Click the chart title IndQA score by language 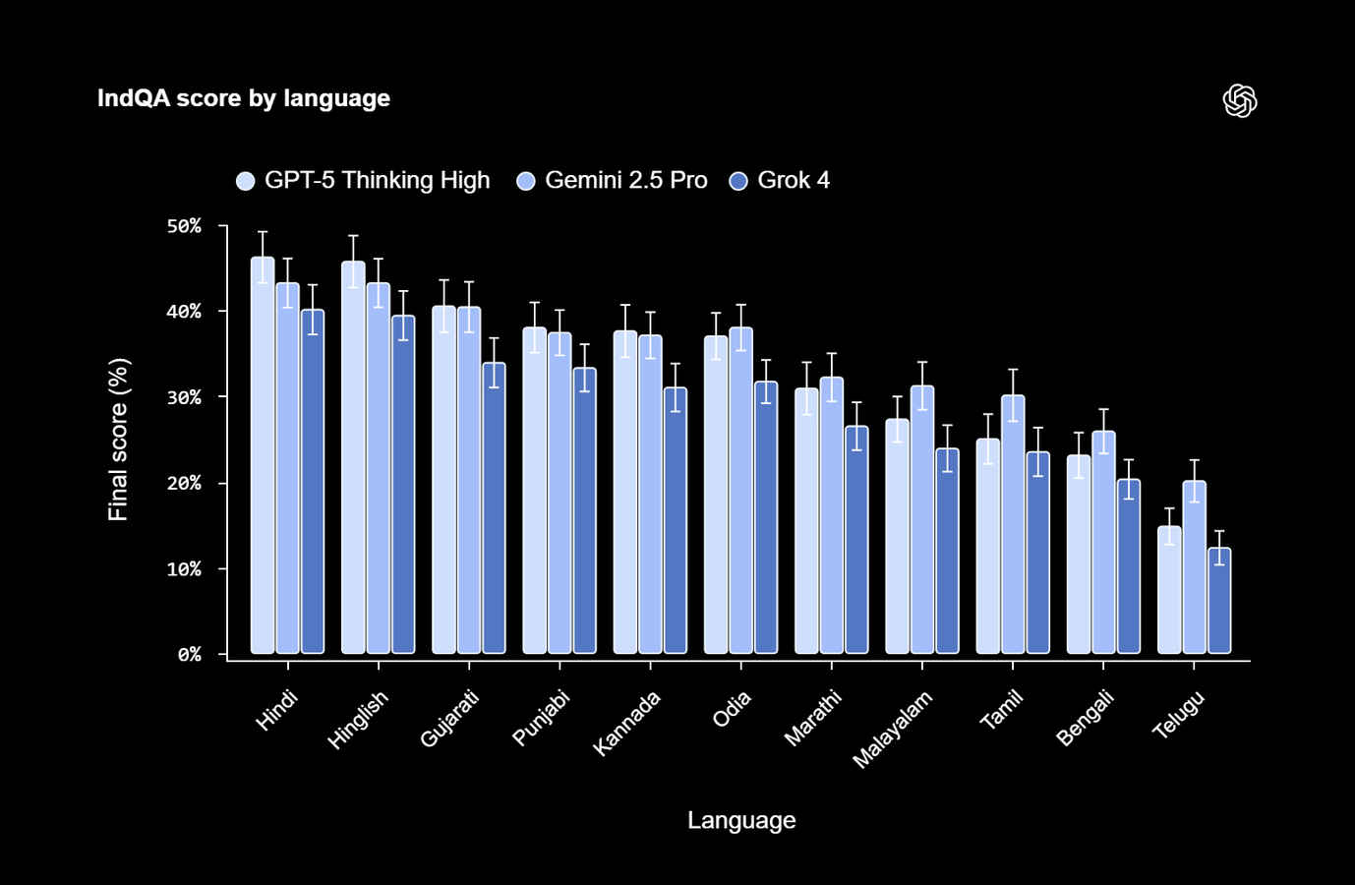[243, 98]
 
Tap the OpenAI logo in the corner [1239, 100]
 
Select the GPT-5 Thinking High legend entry [364, 181]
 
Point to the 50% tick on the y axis [184, 226]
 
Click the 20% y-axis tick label [184, 483]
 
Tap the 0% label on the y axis [189, 654]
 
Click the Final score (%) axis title [118, 439]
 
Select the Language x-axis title [741, 820]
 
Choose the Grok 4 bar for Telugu [1219, 601]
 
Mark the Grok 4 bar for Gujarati [494, 508]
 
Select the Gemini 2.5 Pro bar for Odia [740, 491]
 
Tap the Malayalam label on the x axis [892, 729]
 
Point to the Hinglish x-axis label [358, 720]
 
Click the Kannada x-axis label [626, 723]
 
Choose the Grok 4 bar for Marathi [856, 540]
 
